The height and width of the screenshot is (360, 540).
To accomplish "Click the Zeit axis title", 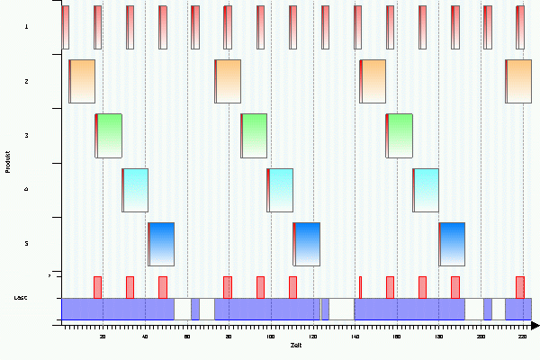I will [x=296, y=345].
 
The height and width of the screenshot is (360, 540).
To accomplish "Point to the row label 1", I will [x=26, y=27].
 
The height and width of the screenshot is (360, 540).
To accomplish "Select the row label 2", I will [x=26, y=81].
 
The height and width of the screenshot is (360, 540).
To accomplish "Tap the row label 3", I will [x=26, y=135].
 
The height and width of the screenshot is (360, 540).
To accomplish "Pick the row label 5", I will [x=26, y=243].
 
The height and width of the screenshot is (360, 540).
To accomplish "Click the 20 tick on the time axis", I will [x=103, y=336].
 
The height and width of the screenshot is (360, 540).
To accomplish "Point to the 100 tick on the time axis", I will [x=270, y=336].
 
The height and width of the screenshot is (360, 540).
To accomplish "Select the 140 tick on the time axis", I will [x=355, y=336].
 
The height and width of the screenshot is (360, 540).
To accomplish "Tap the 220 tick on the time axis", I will [x=522, y=336].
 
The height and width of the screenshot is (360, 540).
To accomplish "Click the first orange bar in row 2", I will [x=82, y=81].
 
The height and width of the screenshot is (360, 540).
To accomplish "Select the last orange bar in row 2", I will [x=518, y=81].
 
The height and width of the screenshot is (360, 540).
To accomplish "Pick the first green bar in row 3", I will [x=108, y=135].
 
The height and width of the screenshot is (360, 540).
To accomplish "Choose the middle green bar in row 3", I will [x=254, y=135].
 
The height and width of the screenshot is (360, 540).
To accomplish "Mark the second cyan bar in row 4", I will [x=280, y=189].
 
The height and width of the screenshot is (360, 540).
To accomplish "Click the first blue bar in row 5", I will [x=160, y=243].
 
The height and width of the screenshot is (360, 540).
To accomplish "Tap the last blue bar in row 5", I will [x=452, y=243].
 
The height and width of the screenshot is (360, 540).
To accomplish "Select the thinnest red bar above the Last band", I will [x=360, y=286].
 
